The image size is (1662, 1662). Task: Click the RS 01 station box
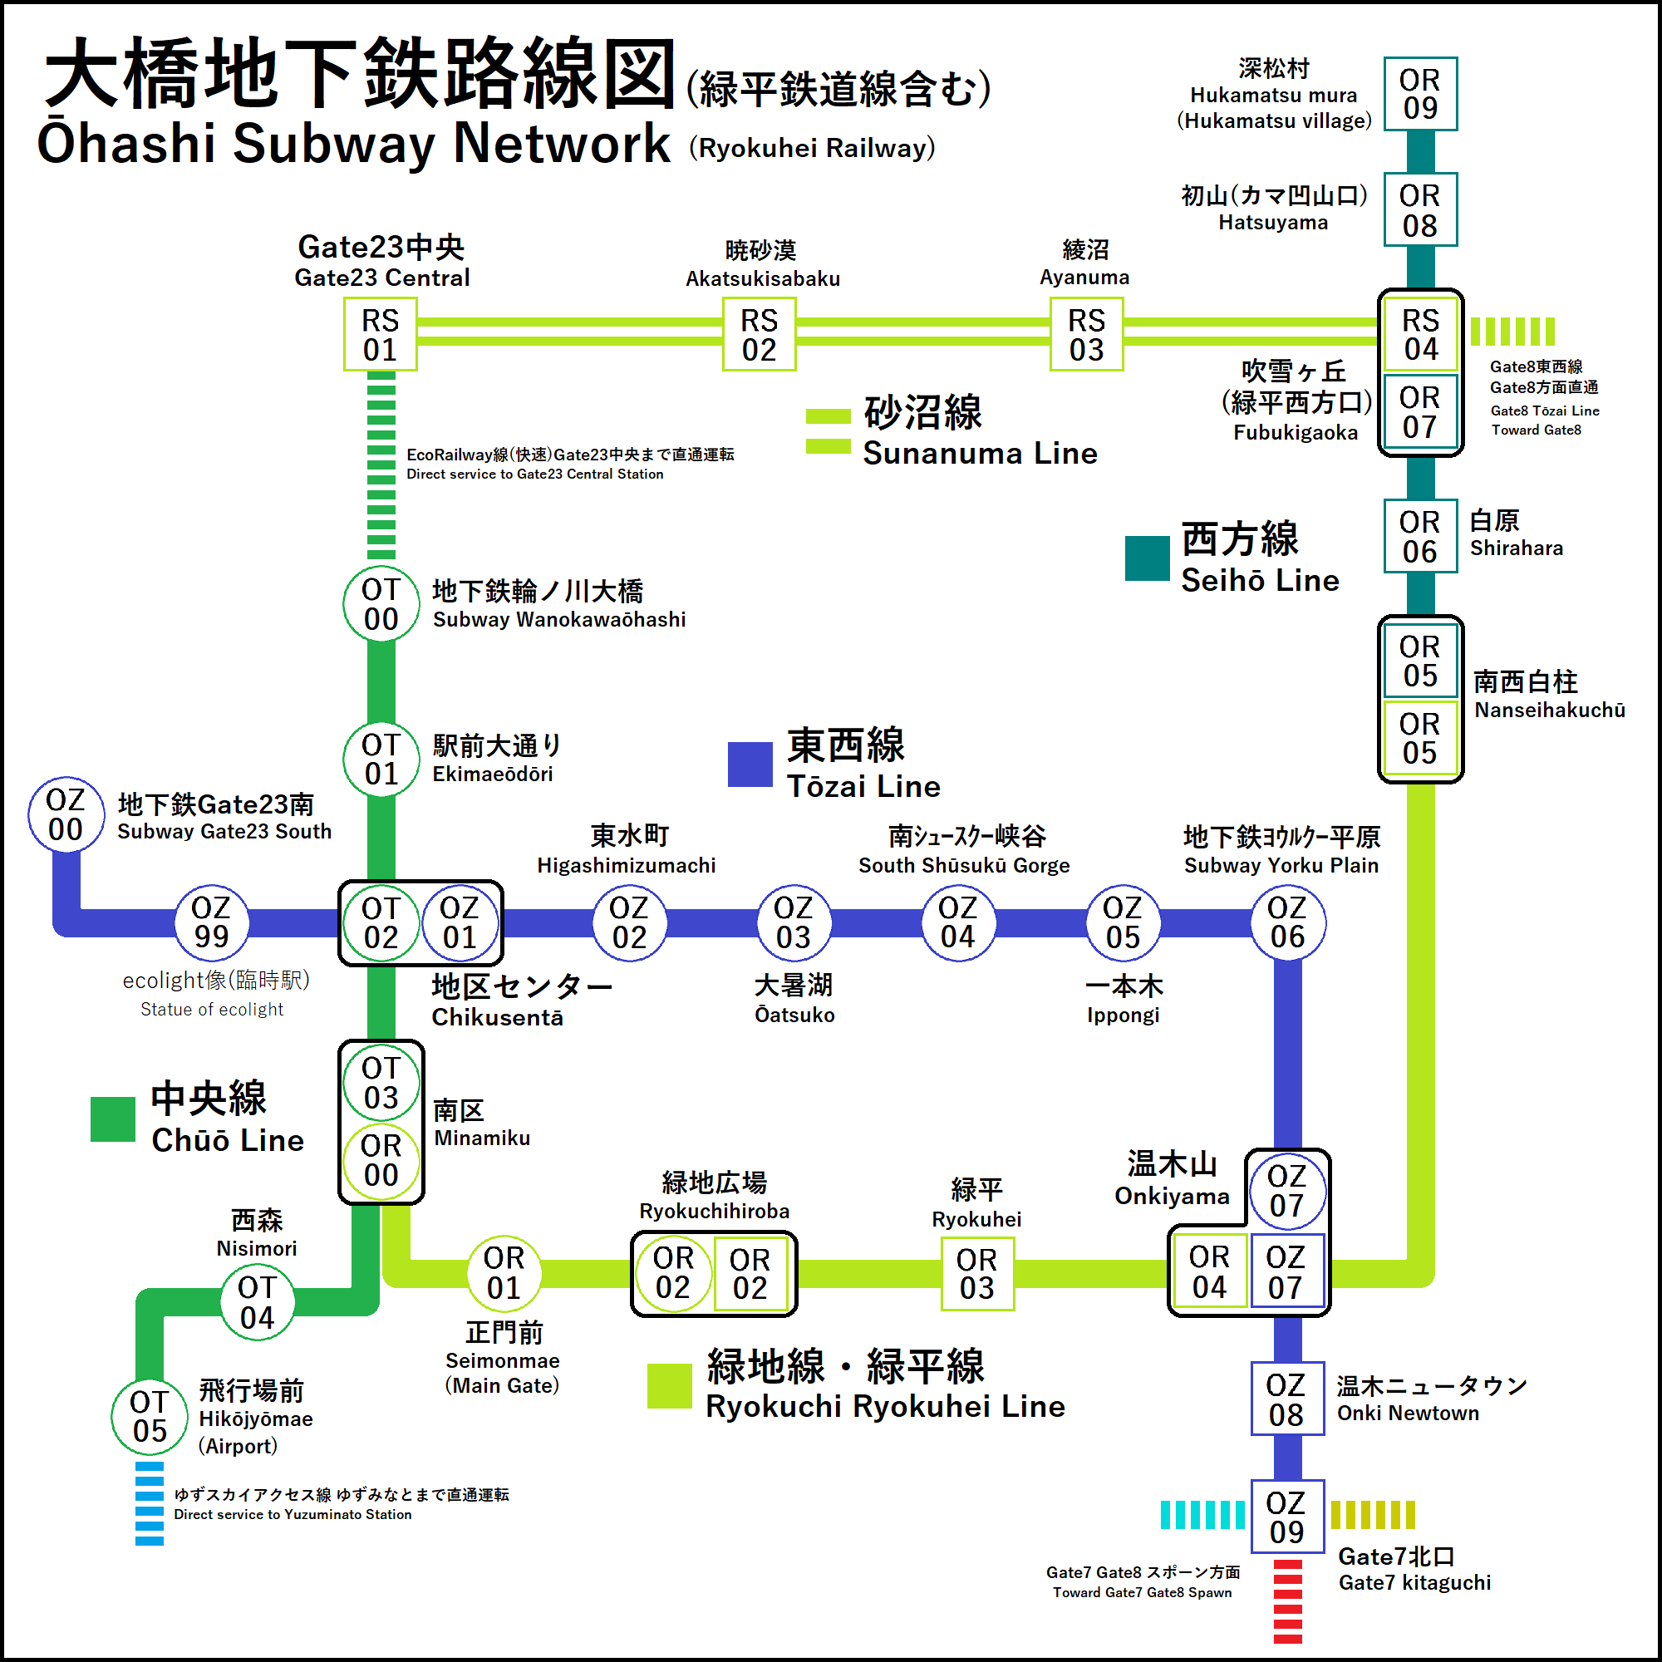381,335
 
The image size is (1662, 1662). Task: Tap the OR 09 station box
1420,94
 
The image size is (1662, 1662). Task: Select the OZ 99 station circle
212,922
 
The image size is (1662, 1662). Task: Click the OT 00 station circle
381,604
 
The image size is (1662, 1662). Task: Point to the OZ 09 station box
1287,1517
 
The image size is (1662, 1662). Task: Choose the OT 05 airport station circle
150,1416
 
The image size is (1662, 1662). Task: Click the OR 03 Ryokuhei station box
977,1273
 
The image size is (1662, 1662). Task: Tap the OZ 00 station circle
66,814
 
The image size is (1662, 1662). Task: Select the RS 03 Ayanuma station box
1086,335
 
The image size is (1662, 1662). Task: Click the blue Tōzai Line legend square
750,764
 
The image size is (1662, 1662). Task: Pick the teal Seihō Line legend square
1148,558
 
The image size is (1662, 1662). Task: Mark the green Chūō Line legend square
113,1119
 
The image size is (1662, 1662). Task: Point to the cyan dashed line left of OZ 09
1202,1514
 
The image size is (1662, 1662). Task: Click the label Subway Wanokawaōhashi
559,619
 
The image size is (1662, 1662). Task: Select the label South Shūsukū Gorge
963,865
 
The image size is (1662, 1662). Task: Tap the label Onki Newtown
1408,1414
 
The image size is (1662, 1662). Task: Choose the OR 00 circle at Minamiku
381,1159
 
